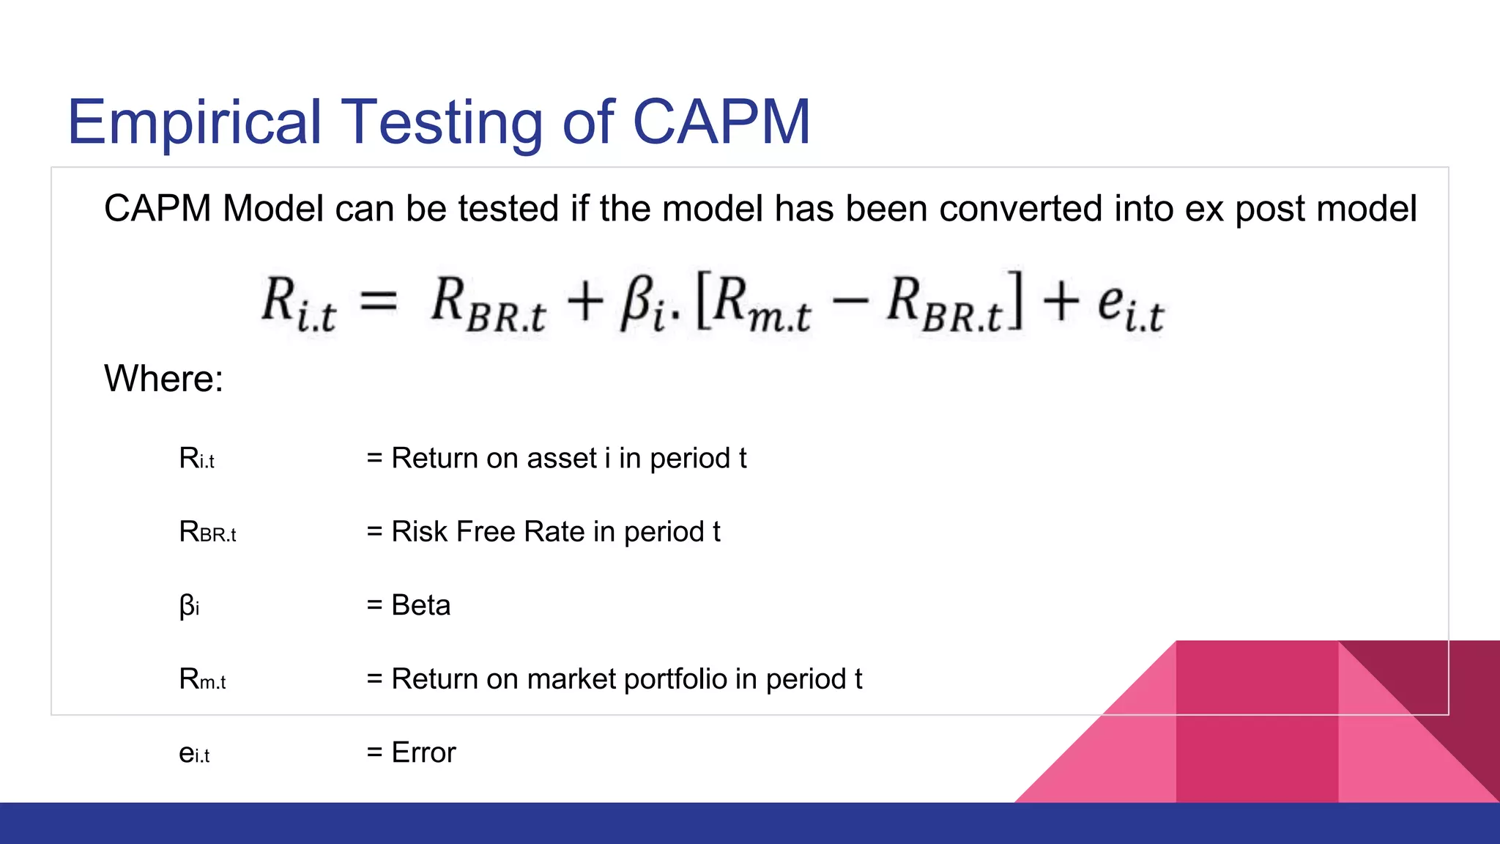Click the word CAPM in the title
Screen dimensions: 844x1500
pos(721,122)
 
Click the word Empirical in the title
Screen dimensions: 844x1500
pos(194,123)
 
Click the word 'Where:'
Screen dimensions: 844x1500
pos(163,379)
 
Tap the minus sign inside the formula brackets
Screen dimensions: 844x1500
pos(850,300)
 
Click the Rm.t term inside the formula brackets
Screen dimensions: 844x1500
pos(762,305)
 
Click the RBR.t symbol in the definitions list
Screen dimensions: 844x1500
pos(207,532)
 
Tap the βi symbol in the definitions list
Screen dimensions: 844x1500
pos(189,606)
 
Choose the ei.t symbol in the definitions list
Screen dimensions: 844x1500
pos(194,753)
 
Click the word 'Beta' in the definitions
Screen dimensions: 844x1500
pos(420,605)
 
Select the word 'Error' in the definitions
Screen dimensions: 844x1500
pos(423,752)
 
